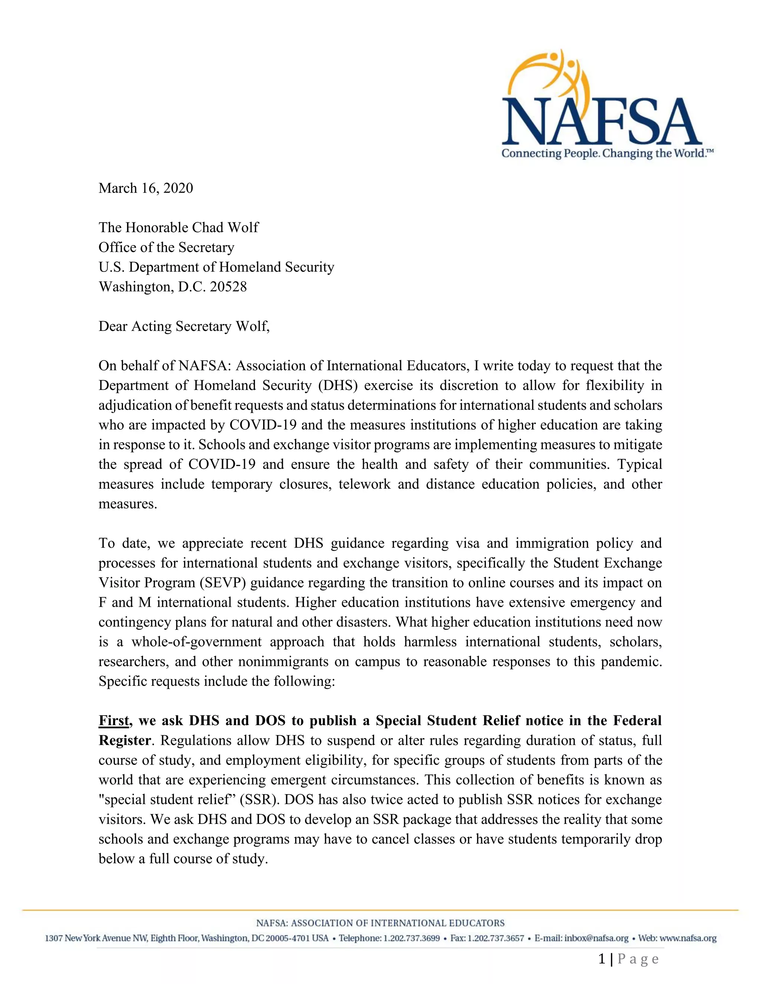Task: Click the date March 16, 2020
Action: [x=146, y=188]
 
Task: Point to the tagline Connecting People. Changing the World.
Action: [x=607, y=154]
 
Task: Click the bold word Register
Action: [x=124, y=740]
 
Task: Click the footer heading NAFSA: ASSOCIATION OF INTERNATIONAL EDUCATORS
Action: [x=380, y=923]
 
